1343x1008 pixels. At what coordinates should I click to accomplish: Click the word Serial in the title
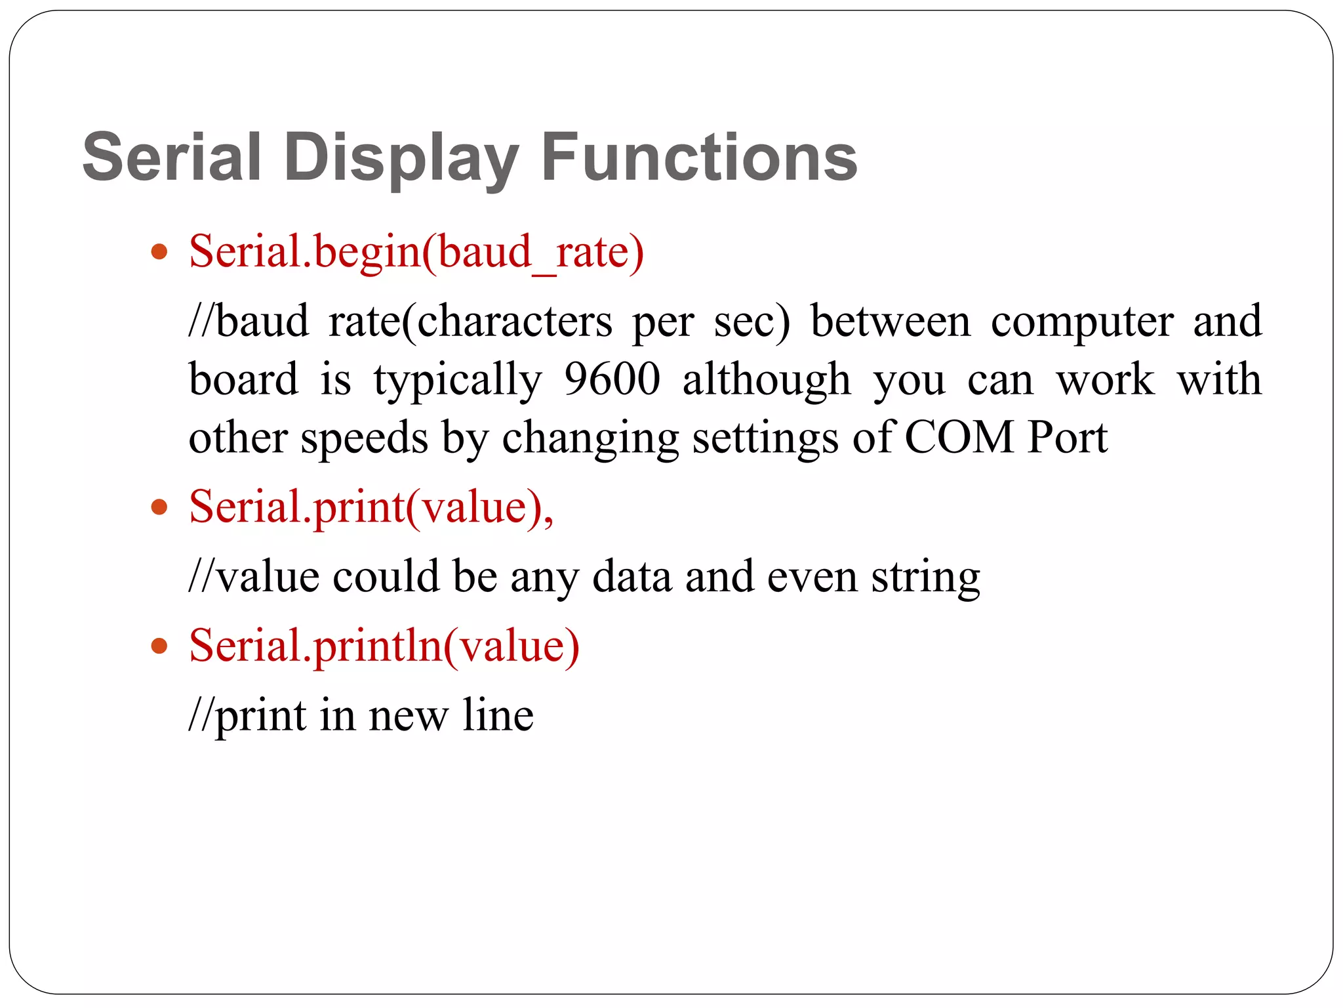(x=172, y=157)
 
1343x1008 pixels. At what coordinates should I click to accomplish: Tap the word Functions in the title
(x=699, y=157)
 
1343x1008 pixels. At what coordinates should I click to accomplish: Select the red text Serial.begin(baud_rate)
(x=416, y=252)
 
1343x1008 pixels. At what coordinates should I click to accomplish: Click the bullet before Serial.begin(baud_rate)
(x=159, y=251)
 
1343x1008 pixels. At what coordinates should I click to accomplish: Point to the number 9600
(x=612, y=379)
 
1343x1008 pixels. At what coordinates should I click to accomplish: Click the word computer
(x=1081, y=322)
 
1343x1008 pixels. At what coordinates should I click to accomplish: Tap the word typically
(x=458, y=381)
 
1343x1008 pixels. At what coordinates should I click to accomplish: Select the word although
(x=767, y=379)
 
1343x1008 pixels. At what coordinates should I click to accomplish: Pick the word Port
(x=1067, y=437)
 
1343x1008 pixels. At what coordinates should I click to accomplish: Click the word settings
(x=765, y=438)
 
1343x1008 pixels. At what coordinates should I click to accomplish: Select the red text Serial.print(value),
(x=371, y=507)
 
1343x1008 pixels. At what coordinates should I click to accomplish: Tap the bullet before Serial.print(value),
(x=159, y=507)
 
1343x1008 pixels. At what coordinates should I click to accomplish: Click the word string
(x=925, y=577)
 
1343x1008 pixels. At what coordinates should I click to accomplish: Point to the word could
(x=386, y=576)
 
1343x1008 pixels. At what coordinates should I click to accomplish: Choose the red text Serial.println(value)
(x=384, y=646)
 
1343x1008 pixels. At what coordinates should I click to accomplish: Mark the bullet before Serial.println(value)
(x=159, y=646)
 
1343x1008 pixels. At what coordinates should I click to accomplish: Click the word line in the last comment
(x=498, y=715)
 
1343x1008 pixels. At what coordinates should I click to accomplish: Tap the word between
(x=890, y=322)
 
